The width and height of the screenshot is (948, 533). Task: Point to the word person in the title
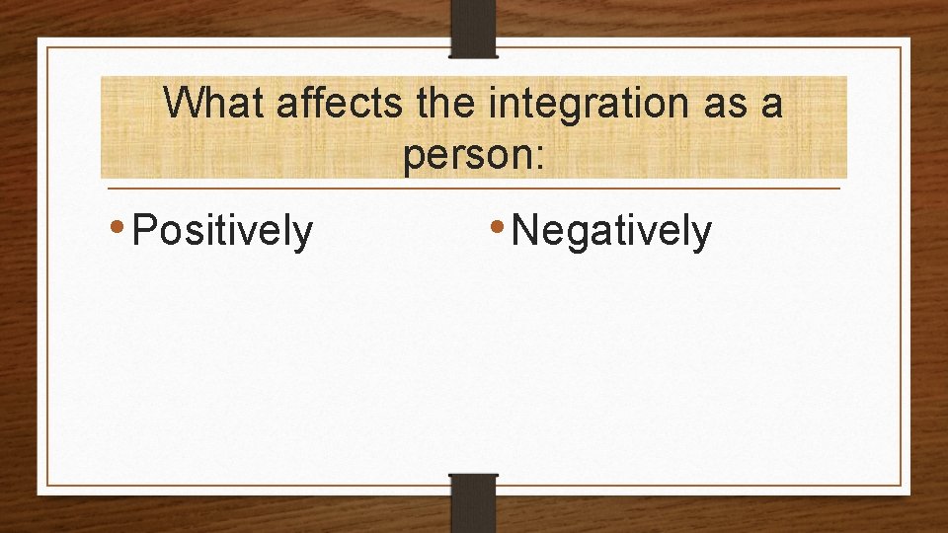(x=466, y=156)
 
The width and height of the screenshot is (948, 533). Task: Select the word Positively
(x=222, y=231)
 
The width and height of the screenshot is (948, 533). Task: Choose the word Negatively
(x=611, y=231)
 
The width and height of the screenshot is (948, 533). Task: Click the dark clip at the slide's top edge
(x=474, y=28)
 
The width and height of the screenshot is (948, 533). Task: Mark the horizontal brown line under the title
(x=474, y=188)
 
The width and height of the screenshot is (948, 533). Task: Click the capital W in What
(x=182, y=103)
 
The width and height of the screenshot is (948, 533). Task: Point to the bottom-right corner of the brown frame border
(x=901, y=486)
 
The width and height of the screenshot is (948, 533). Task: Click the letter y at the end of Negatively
(x=702, y=235)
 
